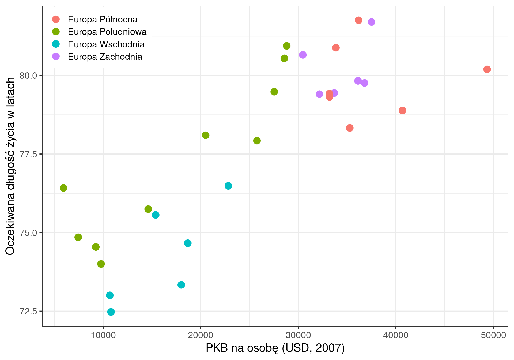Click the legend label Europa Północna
click(x=103, y=20)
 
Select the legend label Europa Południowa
click(x=107, y=32)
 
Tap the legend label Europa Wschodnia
click(x=106, y=44)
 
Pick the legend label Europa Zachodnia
click(x=105, y=57)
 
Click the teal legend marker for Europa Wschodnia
click(x=56, y=44)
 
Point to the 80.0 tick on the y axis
click(x=28, y=76)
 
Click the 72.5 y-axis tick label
click(x=28, y=312)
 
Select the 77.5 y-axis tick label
click(x=28, y=154)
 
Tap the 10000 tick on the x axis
click(x=103, y=335)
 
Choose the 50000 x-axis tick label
click(x=493, y=335)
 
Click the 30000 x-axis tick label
click(x=298, y=335)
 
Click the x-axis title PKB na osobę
click(x=275, y=348)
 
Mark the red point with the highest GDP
click(x=487, y=69)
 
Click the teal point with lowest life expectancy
click(x=111, y=312)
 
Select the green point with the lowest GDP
click(x=63, y=188)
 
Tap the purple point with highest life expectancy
click(x=371, y=22)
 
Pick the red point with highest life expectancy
click(x=358, y=20)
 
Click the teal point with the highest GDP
click(x=228, y=186)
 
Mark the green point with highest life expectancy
click(x=287, y=46)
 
